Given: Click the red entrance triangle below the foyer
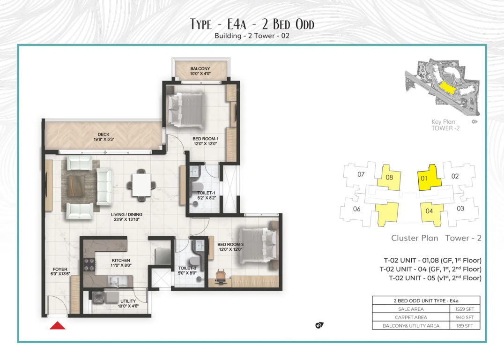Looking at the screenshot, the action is click(x=58, y=326).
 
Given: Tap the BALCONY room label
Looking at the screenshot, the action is click(x=200, y=68).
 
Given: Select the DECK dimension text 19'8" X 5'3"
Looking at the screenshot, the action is click(x=104, y=139).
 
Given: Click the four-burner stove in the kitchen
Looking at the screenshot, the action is click(x=89, y=264).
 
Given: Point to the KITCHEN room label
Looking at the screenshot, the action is click(x=121, y=260).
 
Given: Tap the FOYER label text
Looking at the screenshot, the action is click(x=60, y=269).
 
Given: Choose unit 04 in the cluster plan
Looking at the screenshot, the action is click(x=432, y=212).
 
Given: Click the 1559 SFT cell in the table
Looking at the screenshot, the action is click(x=465, y=309).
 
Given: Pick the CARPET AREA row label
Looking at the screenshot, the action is click(x=411, y=317).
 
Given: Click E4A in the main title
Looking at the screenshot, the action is click(x=237, y=24).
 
